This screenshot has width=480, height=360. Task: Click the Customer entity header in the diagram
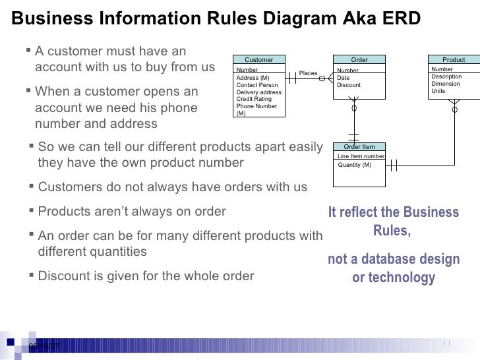258,59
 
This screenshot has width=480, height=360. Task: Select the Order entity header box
359,59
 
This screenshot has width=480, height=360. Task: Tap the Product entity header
453,59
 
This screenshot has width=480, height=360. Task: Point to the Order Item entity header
359,147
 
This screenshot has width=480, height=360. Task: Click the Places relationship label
308,73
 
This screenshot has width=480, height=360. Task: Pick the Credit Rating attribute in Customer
253,99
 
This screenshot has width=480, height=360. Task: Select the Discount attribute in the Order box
349,85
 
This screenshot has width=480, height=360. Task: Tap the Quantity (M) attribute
354,165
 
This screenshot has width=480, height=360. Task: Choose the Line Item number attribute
361,156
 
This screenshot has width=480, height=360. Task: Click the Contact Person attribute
256,85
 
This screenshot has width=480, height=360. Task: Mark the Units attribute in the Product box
438,91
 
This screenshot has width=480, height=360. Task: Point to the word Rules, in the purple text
392,231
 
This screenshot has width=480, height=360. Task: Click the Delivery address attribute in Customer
258,92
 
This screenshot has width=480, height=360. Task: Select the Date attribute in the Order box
343,78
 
